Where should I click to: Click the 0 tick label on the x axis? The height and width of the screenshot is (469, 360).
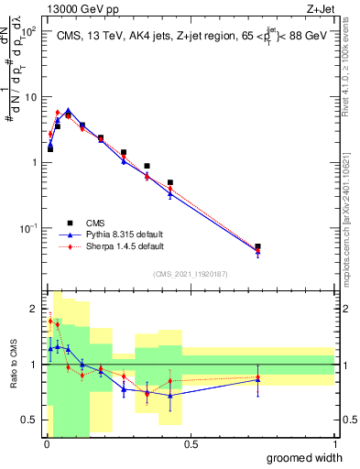click(46, 444)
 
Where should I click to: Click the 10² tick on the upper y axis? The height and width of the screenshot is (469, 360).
click(29, 31)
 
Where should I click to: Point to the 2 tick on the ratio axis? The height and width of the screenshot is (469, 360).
click(34, 308)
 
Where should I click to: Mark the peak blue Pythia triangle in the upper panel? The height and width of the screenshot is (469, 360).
click(68, 110)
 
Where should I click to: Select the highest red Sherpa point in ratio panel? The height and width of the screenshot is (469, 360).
click(50, 321)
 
